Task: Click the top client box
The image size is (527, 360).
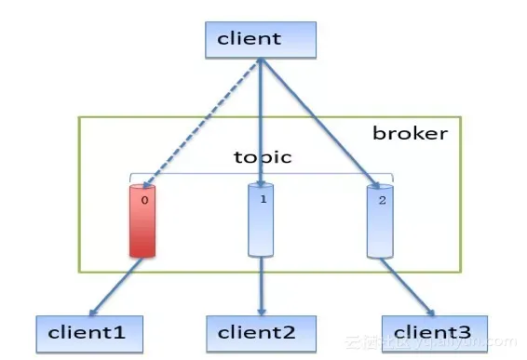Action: (x=261, y=39)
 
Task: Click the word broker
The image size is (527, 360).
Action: (x=410, y=133)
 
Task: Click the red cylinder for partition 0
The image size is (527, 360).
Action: (x=142, y=220)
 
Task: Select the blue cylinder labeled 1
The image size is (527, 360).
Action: (x=261, y=220)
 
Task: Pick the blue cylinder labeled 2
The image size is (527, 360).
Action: (x=379, y=220)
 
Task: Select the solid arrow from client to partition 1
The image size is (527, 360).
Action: (x=262, y=121)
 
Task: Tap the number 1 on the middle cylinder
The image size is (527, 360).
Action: (x=263, y=198)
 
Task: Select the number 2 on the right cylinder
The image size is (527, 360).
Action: (x=381, y=199)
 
